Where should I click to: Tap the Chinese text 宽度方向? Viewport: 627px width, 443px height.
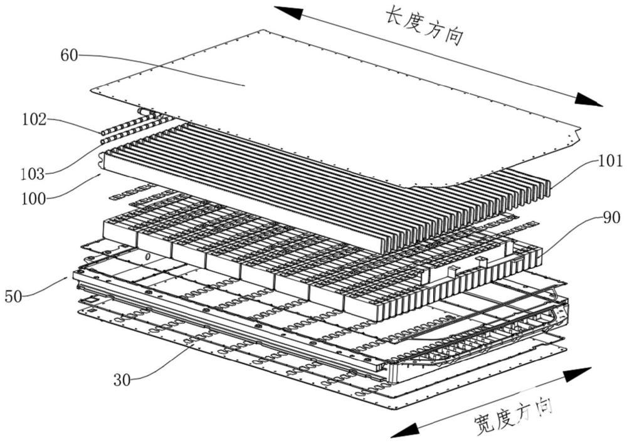coord(504,418)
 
